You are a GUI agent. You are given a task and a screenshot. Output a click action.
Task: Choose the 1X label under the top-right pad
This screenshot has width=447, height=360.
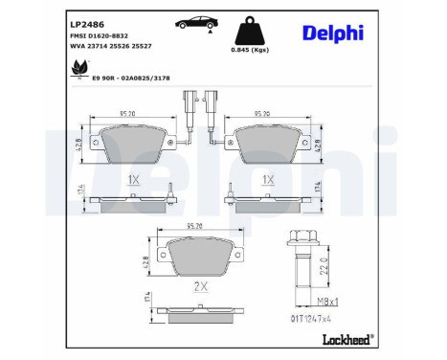tap(269, 179)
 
